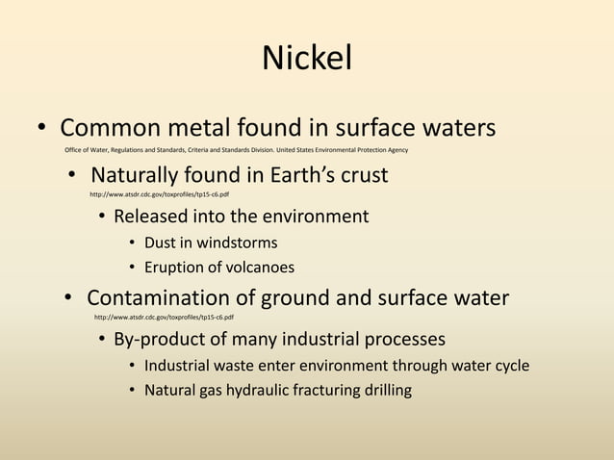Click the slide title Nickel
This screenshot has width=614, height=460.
(x=307, y=59)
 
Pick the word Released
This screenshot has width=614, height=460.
(x=153, y=217)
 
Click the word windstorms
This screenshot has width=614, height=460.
(x=237, y=243)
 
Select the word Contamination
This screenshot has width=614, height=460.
(x=166, y=298)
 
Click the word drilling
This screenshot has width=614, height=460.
(x=384, y=391)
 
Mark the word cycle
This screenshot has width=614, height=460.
(x=509, y=366)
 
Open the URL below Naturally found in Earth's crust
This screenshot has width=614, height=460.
(x=159, y=194)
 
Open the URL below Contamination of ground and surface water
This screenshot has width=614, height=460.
(x=164, y=317)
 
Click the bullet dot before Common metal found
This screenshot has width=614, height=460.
(x=42, y=129)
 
